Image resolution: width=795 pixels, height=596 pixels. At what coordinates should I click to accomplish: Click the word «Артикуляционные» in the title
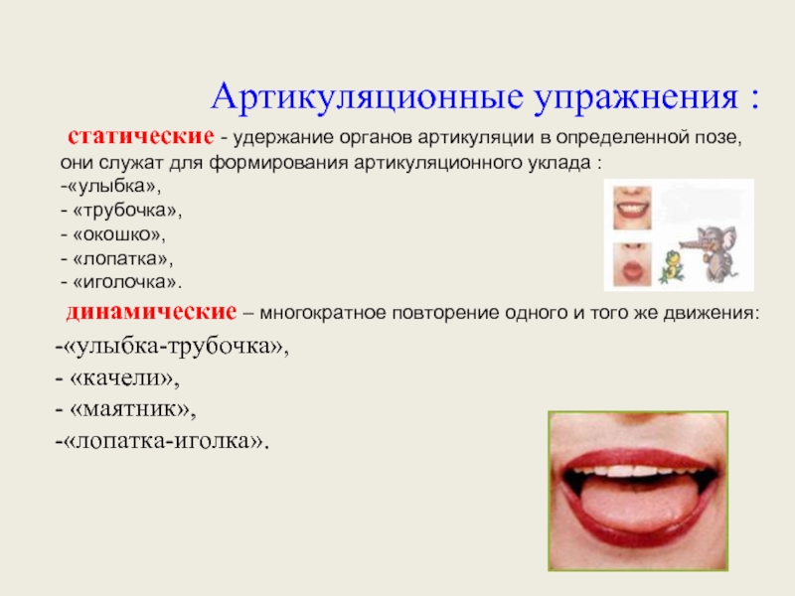click(x=367, y=96)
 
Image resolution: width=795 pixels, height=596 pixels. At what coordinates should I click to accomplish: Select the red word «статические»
click(x=141, y=136)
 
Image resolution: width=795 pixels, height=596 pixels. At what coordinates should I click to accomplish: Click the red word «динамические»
click(x=151, y=312)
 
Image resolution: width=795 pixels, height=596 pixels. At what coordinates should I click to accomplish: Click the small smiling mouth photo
click(x=632, y=208)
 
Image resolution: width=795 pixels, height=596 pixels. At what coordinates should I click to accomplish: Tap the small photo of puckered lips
click(x=632, y=264)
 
